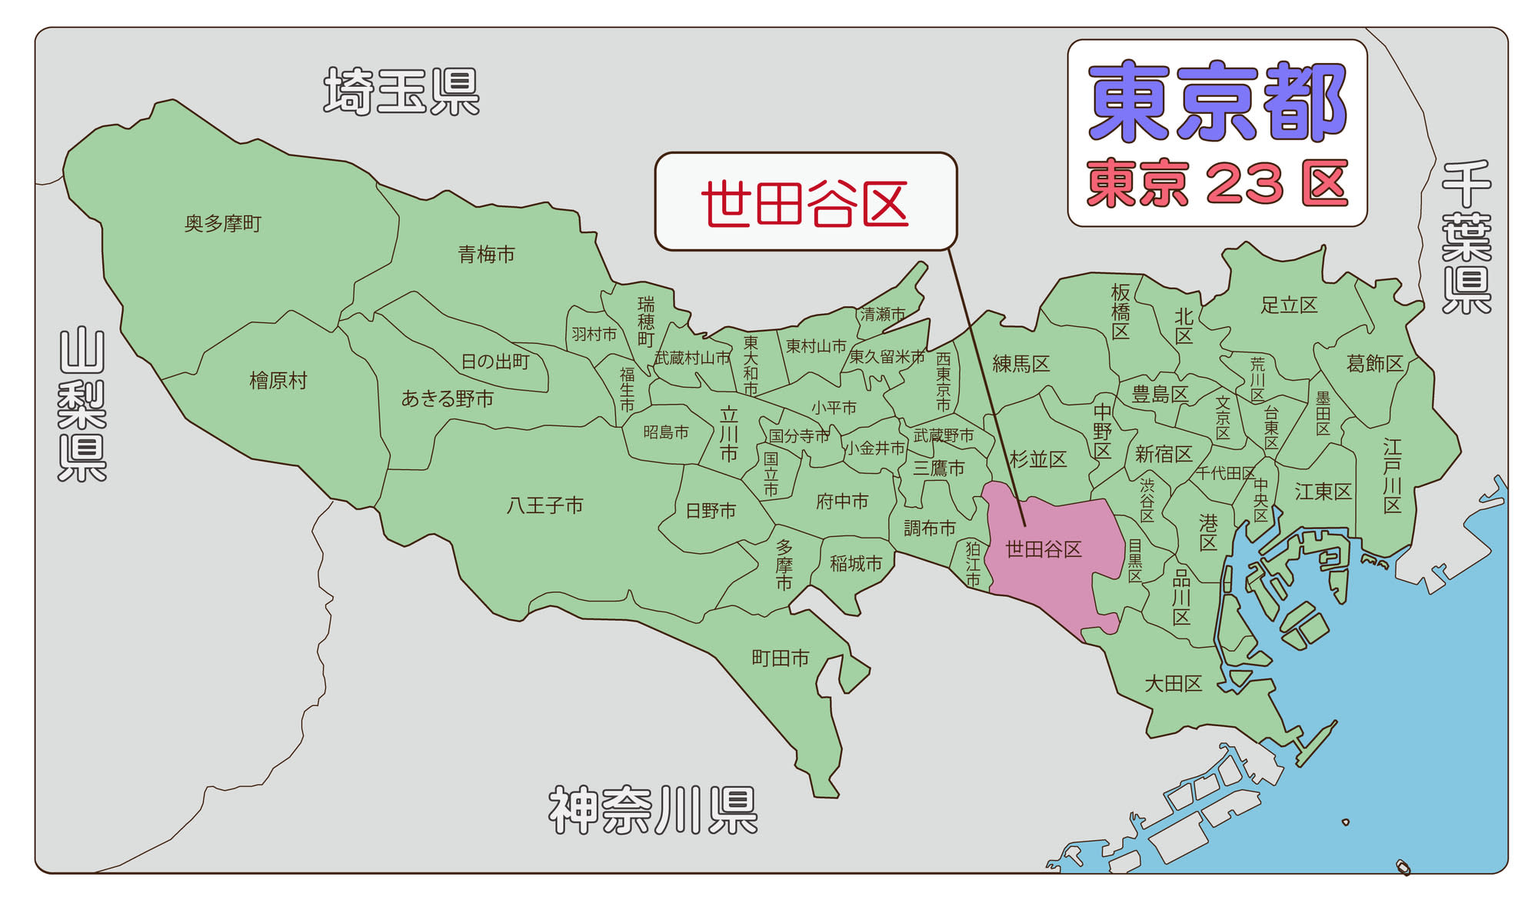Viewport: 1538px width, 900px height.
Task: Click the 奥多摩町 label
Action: (x=223, y=224)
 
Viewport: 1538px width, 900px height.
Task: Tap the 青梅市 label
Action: (x=486, y=255)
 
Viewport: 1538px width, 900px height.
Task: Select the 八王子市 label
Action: (x=544, y=505)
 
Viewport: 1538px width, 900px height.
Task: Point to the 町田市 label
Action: (x=781, y=658)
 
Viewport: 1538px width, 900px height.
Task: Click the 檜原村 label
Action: (x=278, y=381)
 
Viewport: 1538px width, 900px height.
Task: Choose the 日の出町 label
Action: (x=495, y=362)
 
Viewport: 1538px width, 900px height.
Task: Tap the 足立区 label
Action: (x=1289, y=305)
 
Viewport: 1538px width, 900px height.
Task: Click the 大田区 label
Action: (x=1173, y=683)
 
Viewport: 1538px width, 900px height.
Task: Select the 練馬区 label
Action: (x=1021, y=364)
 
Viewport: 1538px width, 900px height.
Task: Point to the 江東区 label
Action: (x=1323, y=492)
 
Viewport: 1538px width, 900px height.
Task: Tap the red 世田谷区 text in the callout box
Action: (x=804, y=204)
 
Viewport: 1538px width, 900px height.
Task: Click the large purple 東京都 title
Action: (x=1217, y=102)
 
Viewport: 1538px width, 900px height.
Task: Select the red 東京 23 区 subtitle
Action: (x=1217, y=184)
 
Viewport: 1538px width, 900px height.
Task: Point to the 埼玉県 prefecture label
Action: (x=401, y=92)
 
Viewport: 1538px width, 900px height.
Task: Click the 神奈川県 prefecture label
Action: (x=653, y=811)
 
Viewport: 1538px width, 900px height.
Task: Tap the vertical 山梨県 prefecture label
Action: (x=82, y=405)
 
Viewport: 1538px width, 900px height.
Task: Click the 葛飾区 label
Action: (x=1375, y=363)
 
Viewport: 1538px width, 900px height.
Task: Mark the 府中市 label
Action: (x=842, y=502)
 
